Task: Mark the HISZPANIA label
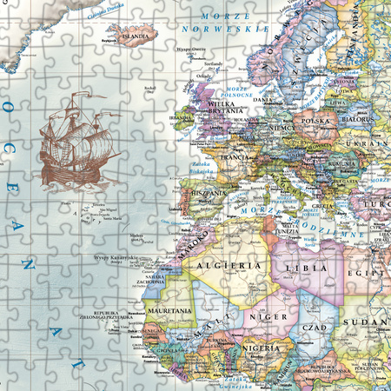point(208,191)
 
